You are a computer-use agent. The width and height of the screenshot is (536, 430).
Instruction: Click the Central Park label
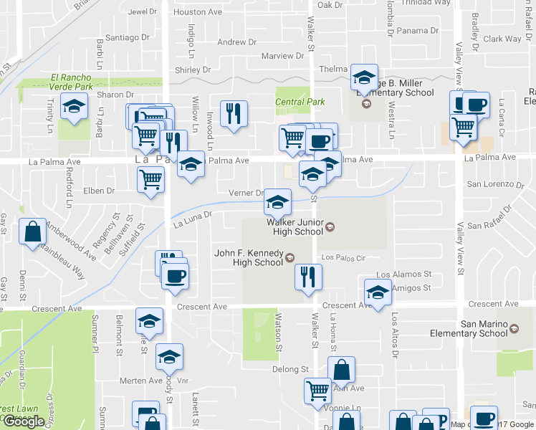pyautogui.click(x=300, y=102)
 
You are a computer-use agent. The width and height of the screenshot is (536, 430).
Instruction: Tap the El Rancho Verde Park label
pyautogui.click(x=72, y=82)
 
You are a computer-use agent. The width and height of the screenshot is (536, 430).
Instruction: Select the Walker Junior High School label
pyautogui.click(x=295, y=227)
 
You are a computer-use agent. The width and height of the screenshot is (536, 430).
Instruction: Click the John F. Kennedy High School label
pyautogui.click(x=249, y=257)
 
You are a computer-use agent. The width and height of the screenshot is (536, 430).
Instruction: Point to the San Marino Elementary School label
pyautogui.click(x=478, y=328)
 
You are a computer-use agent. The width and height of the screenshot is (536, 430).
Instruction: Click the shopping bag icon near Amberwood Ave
pyautogui.click(x=33, y=231)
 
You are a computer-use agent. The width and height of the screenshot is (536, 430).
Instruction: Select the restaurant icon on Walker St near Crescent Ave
pyautogui.click(x=308, y=277)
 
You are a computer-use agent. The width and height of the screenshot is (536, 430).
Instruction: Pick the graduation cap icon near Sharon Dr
pyautogui.click(x=73, y=107)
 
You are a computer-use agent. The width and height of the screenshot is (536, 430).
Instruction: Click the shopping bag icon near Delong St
pyautogui.click(x=342, y=370)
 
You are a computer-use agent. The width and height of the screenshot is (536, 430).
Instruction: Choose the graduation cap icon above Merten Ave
pyautogui.click(x=169, y=356)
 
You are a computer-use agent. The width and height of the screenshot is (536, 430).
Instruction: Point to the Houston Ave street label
pyautogui.click(x=198, y=12)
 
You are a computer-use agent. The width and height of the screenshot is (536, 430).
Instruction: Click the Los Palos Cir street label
pyautogui.click(x=344, y=257)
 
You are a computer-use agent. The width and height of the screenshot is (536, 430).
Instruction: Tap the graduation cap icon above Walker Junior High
pyautogui.click(x=278, y=202)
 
